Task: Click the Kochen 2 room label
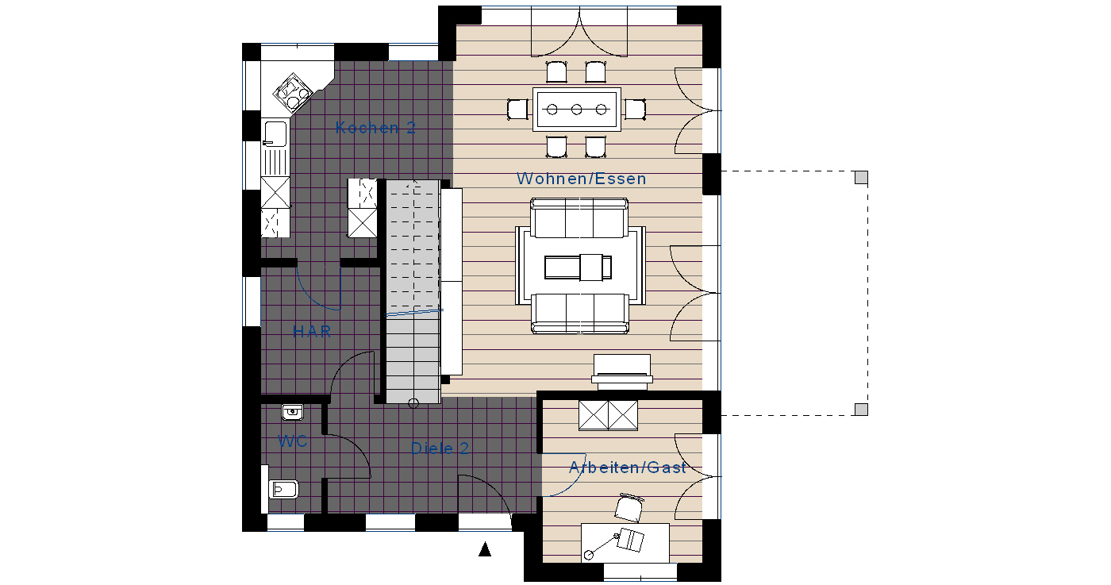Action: point(375,128)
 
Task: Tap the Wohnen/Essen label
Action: point(581,179)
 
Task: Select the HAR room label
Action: point(312,332)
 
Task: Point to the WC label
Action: point(293,441)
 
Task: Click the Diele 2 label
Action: point(440,448)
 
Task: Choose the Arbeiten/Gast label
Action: point(628,468)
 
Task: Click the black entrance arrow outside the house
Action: point(485,549)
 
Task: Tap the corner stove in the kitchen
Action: point(293,94)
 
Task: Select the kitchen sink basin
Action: point(275,133)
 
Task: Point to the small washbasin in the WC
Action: point(293,412)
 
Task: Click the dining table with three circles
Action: point(577,110)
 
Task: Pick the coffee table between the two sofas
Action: point(579,267)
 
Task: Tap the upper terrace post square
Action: point(862,177)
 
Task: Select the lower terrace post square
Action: point(862,410)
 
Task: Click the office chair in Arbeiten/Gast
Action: point(629,507)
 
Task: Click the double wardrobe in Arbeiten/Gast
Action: point(608,415)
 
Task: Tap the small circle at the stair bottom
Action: point(413,404)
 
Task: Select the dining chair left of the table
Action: point(517,110)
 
